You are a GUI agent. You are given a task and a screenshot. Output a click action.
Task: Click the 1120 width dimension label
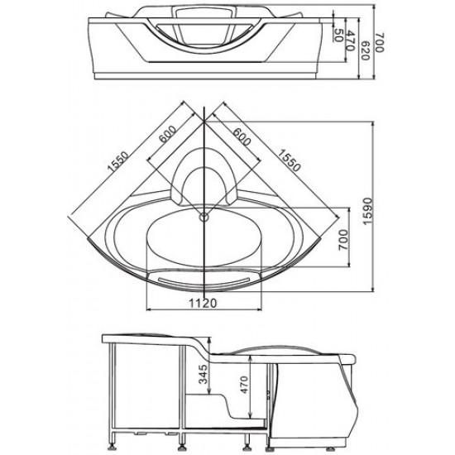point(203,304)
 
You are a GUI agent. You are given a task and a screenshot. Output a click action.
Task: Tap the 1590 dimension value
point(367,212)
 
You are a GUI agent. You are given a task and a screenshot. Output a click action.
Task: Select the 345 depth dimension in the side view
point(204,374)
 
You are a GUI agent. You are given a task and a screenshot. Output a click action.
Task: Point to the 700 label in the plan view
point(342,240)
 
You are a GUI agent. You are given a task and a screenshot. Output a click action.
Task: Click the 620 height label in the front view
point(366,50)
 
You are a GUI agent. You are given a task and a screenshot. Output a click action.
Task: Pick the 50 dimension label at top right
point(338,36)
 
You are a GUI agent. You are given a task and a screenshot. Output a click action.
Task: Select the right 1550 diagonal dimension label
point(289,160)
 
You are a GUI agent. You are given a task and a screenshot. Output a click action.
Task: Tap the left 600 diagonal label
point(167,134)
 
